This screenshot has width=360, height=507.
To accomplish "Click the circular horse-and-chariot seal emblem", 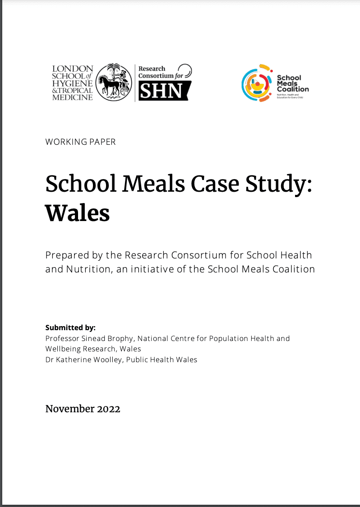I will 114,82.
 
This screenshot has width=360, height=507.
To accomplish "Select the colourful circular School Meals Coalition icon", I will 257,83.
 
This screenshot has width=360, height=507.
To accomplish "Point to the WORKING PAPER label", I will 80,142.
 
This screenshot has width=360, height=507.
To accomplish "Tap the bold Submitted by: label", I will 70,328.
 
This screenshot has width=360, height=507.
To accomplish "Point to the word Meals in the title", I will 149,184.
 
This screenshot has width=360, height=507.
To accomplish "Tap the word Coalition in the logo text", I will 293,89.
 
